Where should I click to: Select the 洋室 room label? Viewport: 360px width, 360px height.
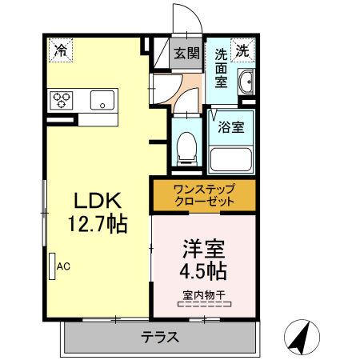(x=203, y=247)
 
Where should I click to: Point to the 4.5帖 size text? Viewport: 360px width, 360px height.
(x=203, y=270)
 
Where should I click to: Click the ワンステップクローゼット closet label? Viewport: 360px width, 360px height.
(x=204, y=195)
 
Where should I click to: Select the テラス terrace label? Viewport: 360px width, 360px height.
(x=161, y=337)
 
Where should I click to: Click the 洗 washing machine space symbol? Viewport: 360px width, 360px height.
(x=241, y=50)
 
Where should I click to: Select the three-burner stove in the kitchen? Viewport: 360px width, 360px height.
(x=62, y=100)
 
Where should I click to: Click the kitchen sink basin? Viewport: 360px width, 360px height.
(x=102, y=100)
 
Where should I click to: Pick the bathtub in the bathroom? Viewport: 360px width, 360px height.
(x=230, y=158)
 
